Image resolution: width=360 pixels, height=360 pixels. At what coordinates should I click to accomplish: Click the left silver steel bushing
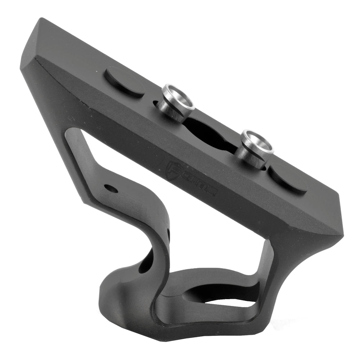coord(176,103)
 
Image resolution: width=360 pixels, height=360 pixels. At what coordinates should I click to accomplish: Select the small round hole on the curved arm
coord(110,188)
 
